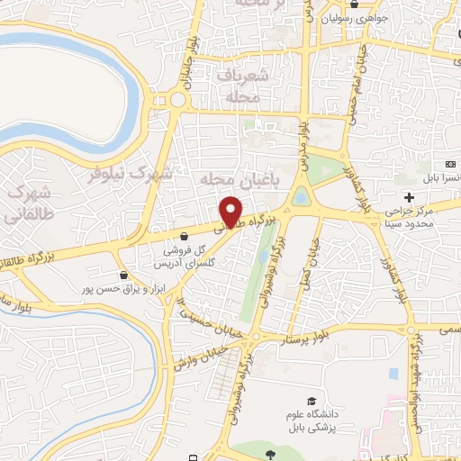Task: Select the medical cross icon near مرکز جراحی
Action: tap(411, 197)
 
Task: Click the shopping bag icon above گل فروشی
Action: tap(184, 239)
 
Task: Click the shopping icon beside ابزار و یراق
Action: tap(124, 274)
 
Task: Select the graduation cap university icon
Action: tap(311, 402)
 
